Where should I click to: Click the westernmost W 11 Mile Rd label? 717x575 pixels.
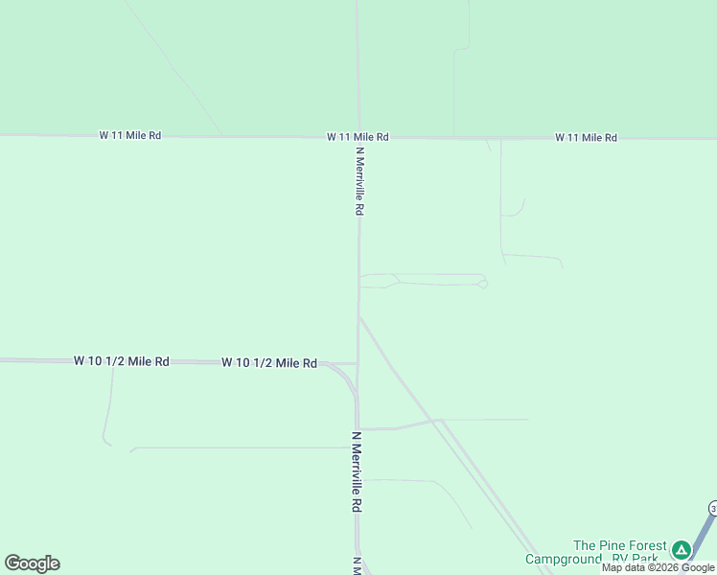pyautogui.click(x=129, y=136)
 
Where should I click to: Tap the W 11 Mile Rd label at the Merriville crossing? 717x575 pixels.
pyautogui.click(x=358, y=138)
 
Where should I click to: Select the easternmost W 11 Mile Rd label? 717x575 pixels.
pyautogui.click(x=586, y=138)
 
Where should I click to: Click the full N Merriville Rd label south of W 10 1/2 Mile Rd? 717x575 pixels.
pyautogui.click(x=357, y=472)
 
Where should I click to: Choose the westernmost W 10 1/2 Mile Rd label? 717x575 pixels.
pyautogui.click(x=122, y=361)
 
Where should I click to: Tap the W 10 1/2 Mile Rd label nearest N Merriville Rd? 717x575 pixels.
pyautogui.click(x=269, y=363)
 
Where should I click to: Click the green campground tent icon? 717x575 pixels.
pyautogui.click(x=681, y=550)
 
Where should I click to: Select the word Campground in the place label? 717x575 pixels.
pyautogui.click(x=561, y=559)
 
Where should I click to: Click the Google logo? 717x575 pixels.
pyautogui.click(x=32, y=563)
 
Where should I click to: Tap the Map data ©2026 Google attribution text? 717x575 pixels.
pyautogui.click(x=659, y=567)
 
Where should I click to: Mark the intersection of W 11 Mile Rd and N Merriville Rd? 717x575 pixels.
pyautogui.click(x=358, y=137)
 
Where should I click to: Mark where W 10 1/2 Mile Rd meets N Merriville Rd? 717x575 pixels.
pyautogui.click(x=358, y=363)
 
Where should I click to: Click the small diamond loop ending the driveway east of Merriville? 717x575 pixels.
pyautogui.click(x=483, y=284)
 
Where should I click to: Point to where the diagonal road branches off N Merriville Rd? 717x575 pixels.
pyautogui.click(x=359, y=316)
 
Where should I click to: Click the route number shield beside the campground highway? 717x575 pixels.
pyautogui.click(x=713, y=507)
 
